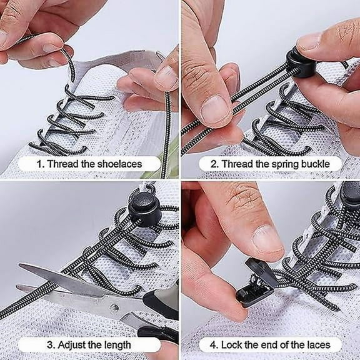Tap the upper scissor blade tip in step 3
(x=21, y=267)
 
